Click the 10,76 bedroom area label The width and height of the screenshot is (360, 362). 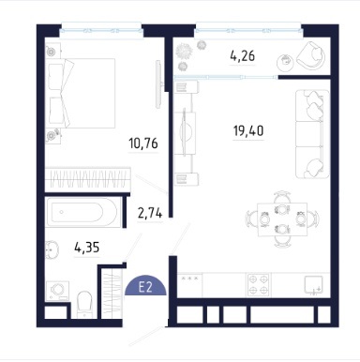(x=143, y=143)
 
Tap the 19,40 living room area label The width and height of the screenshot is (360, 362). (x=248, y=130)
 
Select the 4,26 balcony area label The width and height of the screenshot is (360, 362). (x=243, y=56)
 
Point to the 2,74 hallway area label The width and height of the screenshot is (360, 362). (x=150, y=214)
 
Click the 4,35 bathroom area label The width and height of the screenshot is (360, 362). (x=87, y=248)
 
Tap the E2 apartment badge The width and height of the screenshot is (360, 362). (x=145, y=286)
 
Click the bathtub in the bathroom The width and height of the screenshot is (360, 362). (x=82, y=212)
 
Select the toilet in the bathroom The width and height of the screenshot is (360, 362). (x=83, y=304)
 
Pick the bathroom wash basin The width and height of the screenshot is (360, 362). (x=52, y=249)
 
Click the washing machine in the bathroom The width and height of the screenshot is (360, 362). (x=57, y=291)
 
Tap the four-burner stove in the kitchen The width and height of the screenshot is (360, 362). (x=259, y=285)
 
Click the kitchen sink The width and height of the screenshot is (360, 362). (x=314, y=285)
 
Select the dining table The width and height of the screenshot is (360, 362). (x=282, y=219)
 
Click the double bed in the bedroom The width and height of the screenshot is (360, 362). (x=81, y=93)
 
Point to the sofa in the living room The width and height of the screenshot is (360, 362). (x=312, y=134)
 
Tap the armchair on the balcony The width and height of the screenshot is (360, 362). (x=310, y=55)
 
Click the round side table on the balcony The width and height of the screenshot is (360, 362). (x=285, y=62)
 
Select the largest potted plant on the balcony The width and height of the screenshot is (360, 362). (x=183, y=51)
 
